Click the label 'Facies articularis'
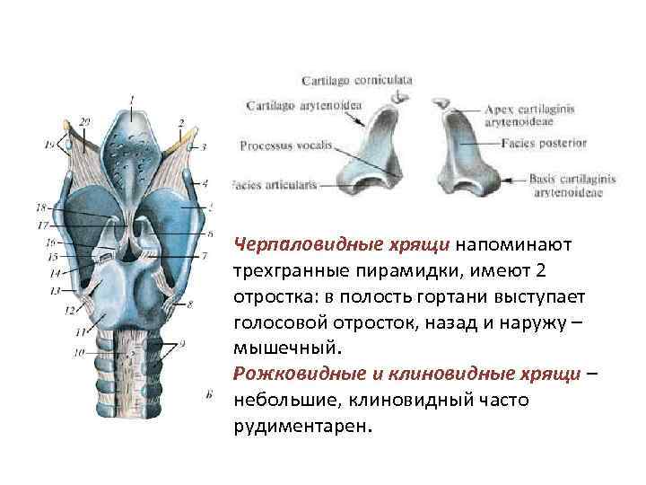point(274,185)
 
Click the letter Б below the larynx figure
point(209,394)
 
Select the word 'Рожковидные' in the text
point(284,374)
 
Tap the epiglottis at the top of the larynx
point(133,135)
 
